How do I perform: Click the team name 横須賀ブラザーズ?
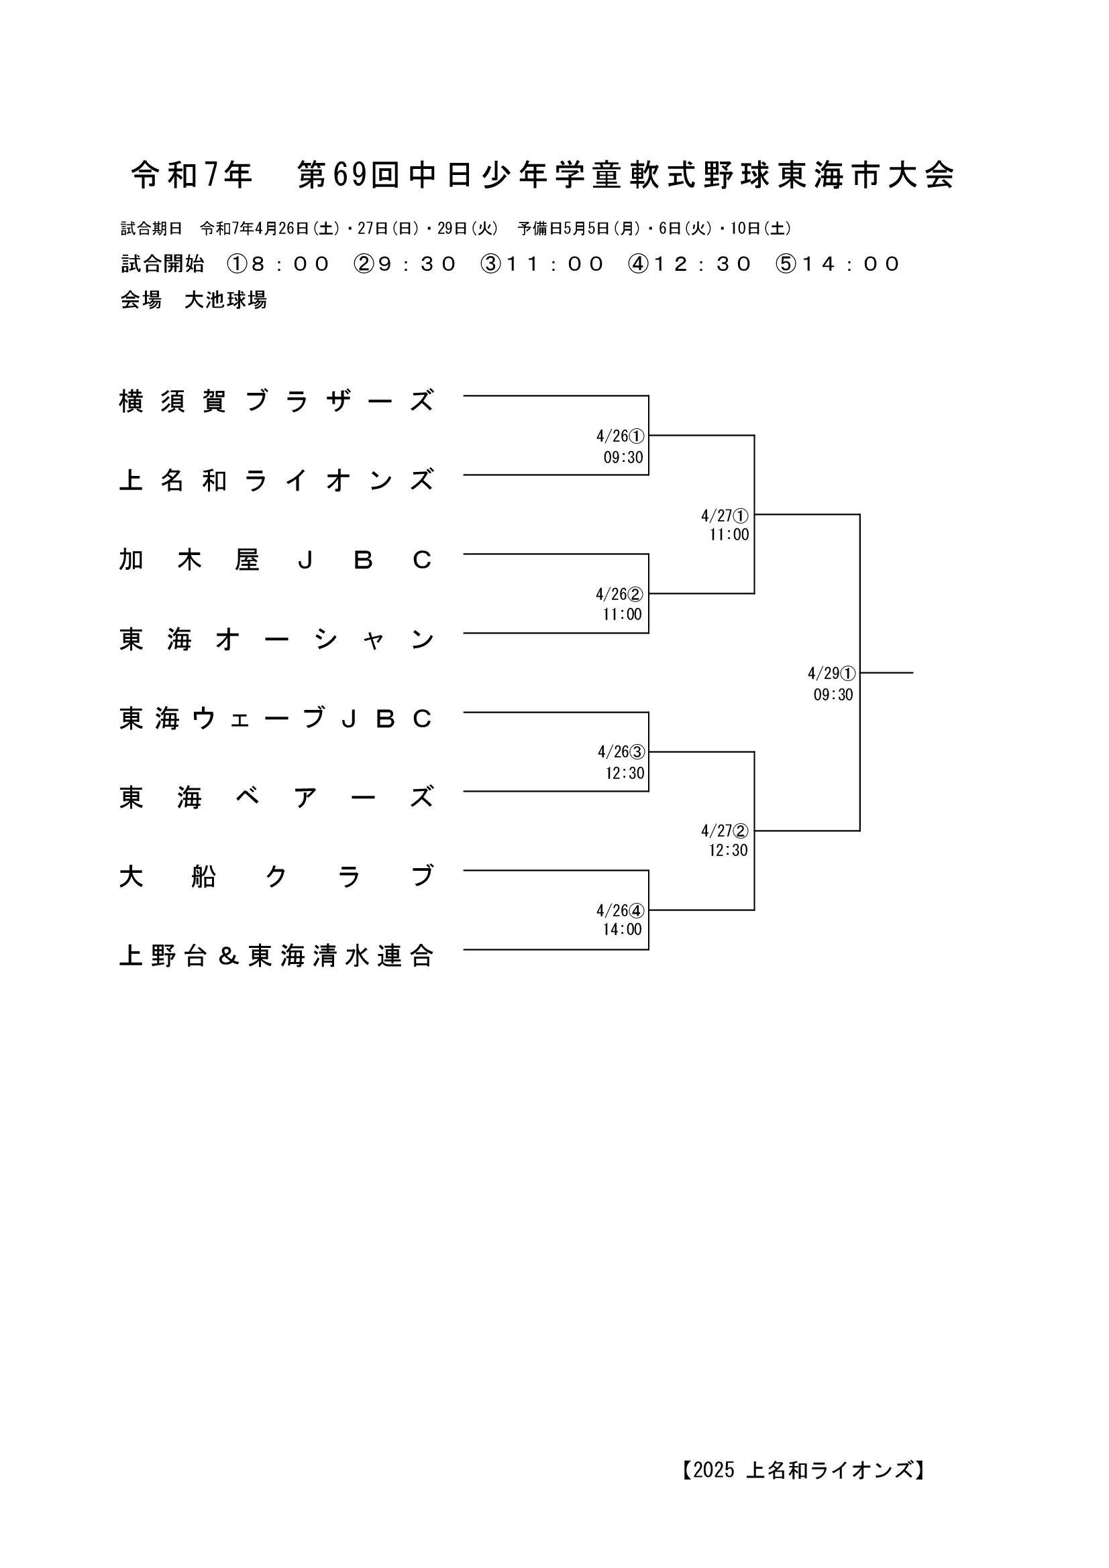click(x=276, y=401)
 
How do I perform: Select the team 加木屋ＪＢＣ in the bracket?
click(x=276, y=560)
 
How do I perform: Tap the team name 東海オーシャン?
click(x=276, y=640)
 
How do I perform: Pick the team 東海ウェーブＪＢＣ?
click(x=276, y=719)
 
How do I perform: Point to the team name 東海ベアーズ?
click(x=276, y=797)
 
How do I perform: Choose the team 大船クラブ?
click(x=276, y=876)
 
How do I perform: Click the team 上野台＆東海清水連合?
click(x=276, y=956)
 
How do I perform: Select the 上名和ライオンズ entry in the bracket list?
click(x=276, y=480)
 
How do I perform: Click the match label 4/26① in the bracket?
click(x=620, y=436)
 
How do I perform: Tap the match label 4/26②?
click(x=619, y=594)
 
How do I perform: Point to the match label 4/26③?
click(x=621, y=752)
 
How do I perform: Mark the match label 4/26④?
click(x=620, y=910)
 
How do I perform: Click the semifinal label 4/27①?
click(x=725, y=515)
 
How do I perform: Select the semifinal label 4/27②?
click(x=725, y=831)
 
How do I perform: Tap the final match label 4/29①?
click(x=831, y=673)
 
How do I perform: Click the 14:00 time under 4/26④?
click(x=622, y=928)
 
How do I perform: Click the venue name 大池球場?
click(x=225, y=300)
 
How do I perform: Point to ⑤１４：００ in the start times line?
click(x=838, y=263)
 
